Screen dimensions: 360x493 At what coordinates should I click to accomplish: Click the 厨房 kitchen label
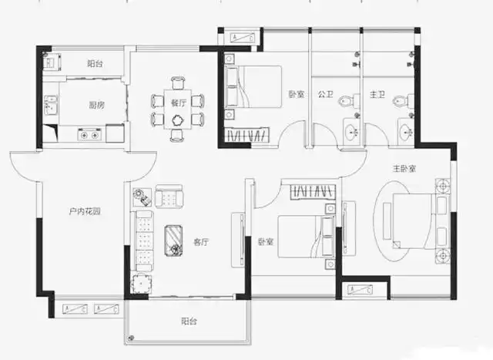pyautogui.click(x=96, y=105)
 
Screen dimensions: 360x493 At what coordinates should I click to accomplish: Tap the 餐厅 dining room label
pyautogui.click(x=179, y=103)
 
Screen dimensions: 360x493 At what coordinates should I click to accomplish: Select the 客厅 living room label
pyautogui.click(x=202, y=241)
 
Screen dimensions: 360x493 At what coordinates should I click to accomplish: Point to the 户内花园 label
pyautogui.click(x=84, y=211)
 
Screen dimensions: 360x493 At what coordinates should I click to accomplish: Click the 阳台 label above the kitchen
pyautogui.click(x=95, y=62)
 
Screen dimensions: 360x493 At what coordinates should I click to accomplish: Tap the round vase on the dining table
pyautogui.click(x=178, y=119)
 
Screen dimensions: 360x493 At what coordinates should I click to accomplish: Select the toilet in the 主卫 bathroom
pyautogui.click(x=399, y=100)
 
